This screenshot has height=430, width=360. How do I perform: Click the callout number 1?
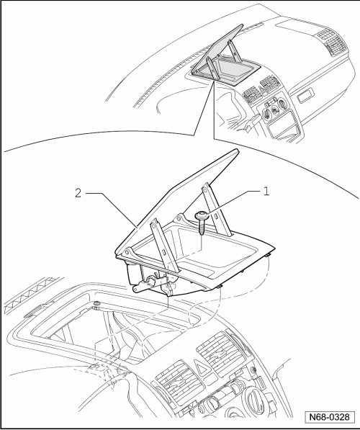pyautogui.click(x=266, y=191)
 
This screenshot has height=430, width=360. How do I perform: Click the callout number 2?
pyautogui.click(x=78, y=193)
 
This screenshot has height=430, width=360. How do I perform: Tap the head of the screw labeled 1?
pyautogui.click(x=202, y=216)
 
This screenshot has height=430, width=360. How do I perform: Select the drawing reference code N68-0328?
pyautogui.click(x=330, y=417)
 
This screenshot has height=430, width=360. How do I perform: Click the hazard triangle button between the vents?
pyautogui.click(x=202, y=367)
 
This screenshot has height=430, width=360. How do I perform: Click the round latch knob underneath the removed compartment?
pyautogui.click(x=151, y=281)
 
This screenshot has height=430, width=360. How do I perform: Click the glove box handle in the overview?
pyautogui.click(x=305, y=96)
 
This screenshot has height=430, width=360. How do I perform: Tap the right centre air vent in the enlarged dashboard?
pyautogui.click(x=222, y=350)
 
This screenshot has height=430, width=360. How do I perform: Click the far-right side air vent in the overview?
pyautogui.click(x=336, y=46)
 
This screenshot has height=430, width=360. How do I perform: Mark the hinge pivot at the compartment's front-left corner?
pyautogui.click(x=127, y=252)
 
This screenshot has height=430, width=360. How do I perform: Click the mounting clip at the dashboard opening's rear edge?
pyautogui.click(x=96, y=305)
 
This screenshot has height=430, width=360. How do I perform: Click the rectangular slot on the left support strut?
pyautogui.click(x=163, y=252)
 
